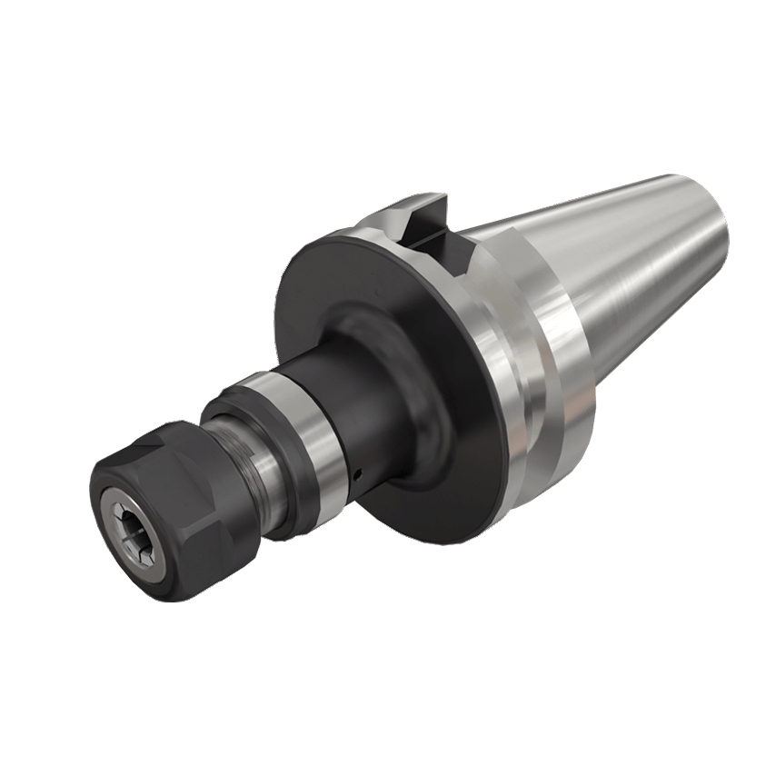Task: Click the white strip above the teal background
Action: [388, 73]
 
